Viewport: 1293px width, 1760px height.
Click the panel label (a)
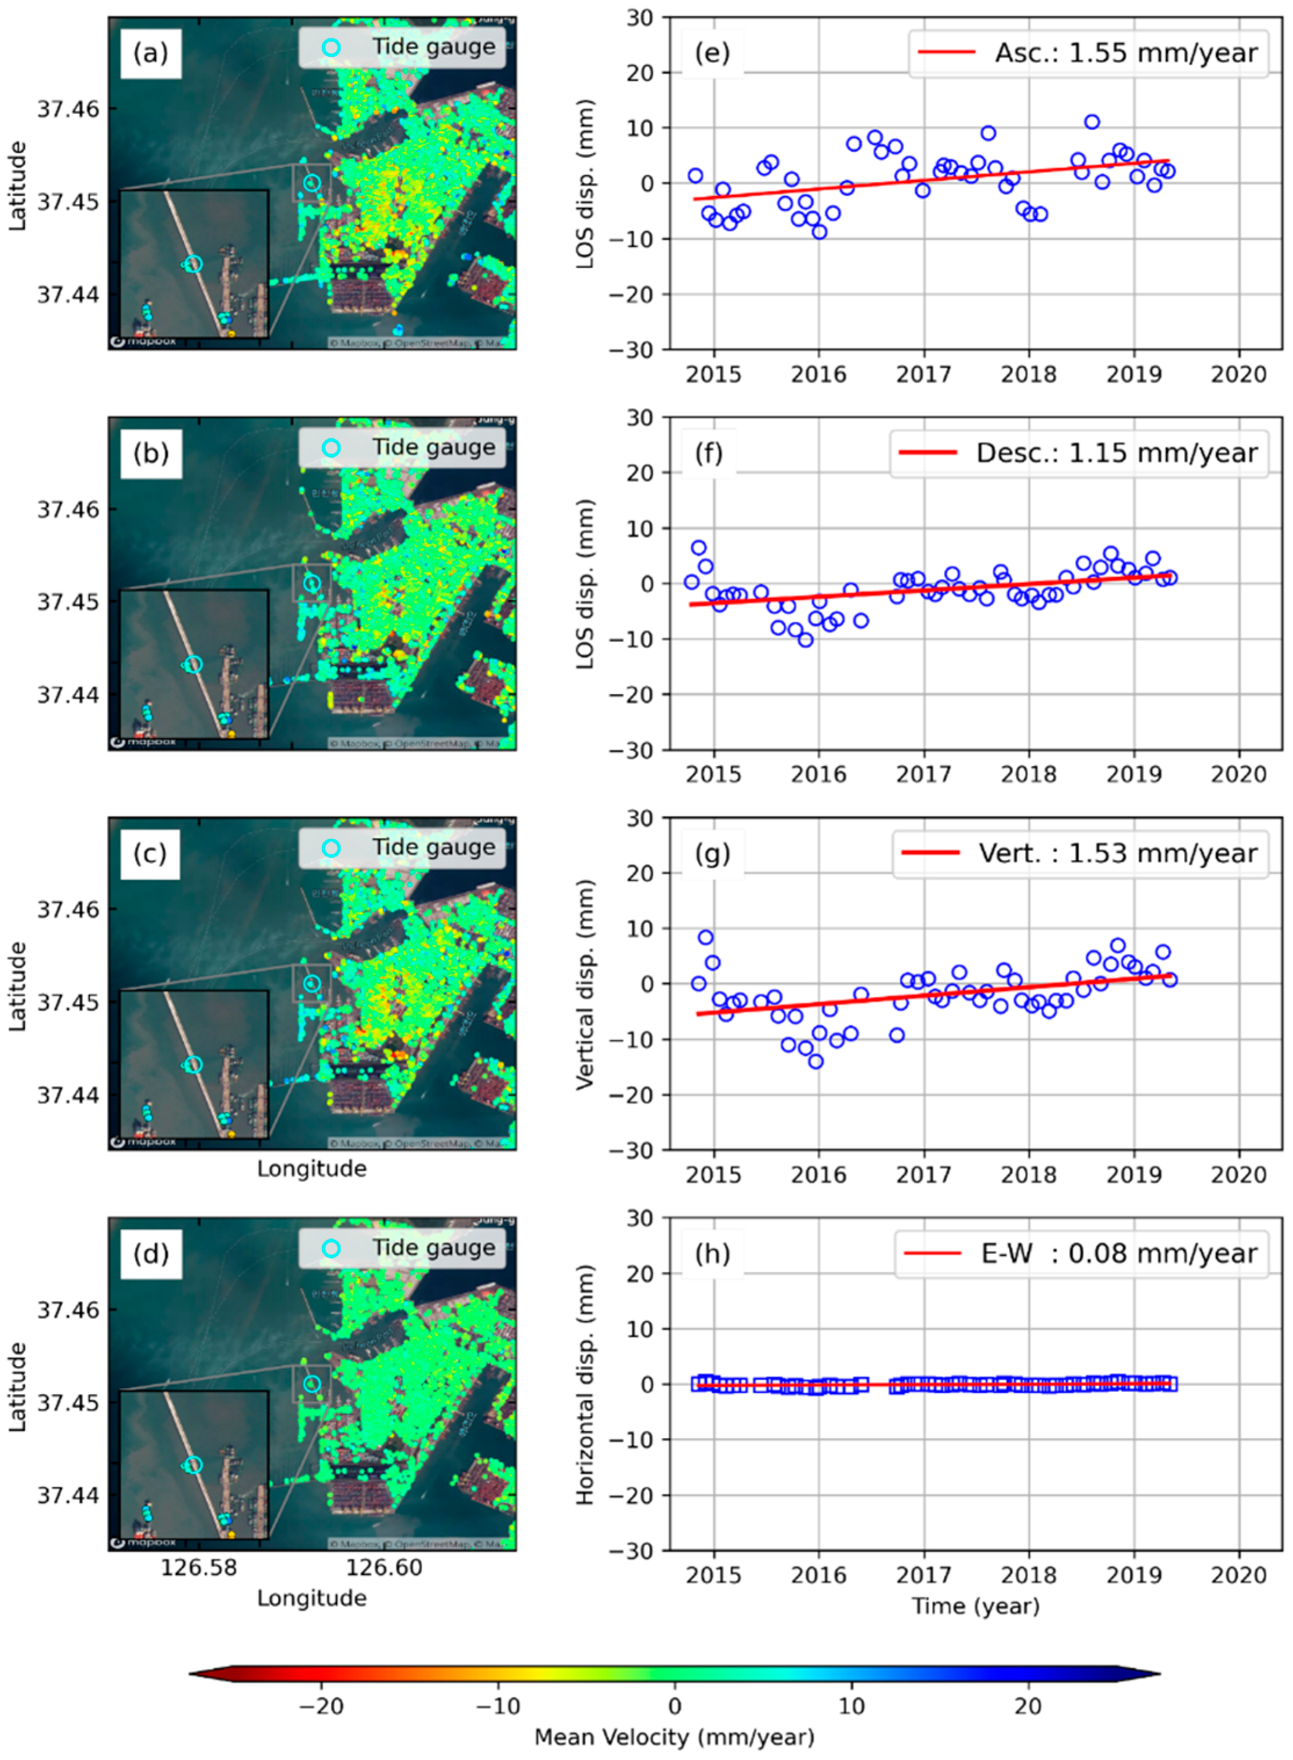point(150,53)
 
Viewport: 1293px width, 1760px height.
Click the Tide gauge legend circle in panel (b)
point(331,448)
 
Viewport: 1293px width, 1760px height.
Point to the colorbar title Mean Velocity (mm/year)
point(674,1737)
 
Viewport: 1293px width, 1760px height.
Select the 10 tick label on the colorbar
point(852,1705)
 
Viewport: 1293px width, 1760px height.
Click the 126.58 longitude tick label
point(199,1567)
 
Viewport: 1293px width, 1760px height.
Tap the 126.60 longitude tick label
point(383,1567)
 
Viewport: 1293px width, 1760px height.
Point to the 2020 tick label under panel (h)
point(1238,1574)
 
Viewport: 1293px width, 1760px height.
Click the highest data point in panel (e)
point(1092,122)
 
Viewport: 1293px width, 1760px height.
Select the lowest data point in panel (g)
point(816,1061)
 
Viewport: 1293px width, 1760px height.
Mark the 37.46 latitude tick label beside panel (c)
point(69,910)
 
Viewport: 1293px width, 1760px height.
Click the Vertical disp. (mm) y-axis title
point(585,984)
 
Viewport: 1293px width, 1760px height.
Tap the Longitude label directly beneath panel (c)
point(312,1169)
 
